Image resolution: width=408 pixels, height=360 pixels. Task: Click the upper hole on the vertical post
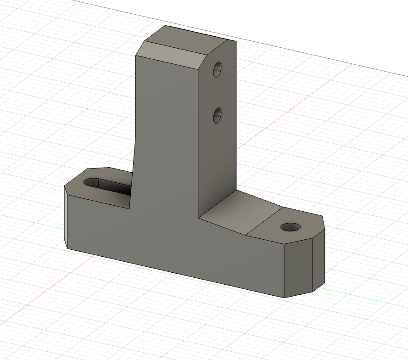click(x=217, y=69)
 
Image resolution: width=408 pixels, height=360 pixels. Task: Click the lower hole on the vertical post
click(x=217, y=115)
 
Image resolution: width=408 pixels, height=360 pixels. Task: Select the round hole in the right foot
click(x=291, y=227)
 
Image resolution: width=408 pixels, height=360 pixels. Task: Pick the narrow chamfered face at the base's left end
click(x=66, y=216)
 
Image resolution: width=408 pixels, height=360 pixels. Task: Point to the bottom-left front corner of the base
click(x=68, y=248)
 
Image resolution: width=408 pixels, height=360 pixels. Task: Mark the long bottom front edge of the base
click(x=174, y=273)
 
